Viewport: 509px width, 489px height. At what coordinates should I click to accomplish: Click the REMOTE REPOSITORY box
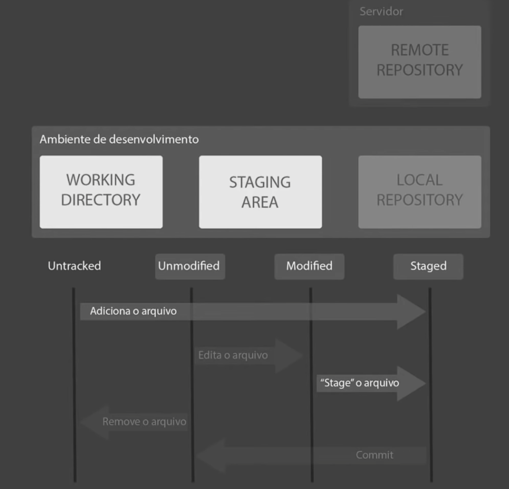420,62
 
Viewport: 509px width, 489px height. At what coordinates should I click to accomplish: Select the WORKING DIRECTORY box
101,191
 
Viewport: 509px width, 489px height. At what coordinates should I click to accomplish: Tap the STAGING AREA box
260,191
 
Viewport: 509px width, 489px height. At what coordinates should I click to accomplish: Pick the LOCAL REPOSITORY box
420,191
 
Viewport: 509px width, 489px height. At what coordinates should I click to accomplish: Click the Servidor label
381,11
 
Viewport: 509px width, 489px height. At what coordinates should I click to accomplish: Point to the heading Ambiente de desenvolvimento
119,139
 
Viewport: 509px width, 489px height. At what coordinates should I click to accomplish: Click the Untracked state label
74,266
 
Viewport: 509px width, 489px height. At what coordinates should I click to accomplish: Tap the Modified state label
309,266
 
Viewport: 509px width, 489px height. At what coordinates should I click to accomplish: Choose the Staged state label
428,266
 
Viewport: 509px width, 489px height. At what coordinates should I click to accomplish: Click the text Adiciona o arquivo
133,311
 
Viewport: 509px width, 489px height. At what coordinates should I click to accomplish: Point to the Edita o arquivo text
233,355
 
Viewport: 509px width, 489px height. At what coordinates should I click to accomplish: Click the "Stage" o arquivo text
359,383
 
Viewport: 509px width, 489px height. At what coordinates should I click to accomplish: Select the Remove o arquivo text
144,422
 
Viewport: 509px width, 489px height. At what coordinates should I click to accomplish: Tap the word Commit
374,455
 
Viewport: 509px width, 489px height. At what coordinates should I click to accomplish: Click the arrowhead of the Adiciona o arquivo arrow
411,311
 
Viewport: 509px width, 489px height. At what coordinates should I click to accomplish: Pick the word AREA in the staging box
260,202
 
